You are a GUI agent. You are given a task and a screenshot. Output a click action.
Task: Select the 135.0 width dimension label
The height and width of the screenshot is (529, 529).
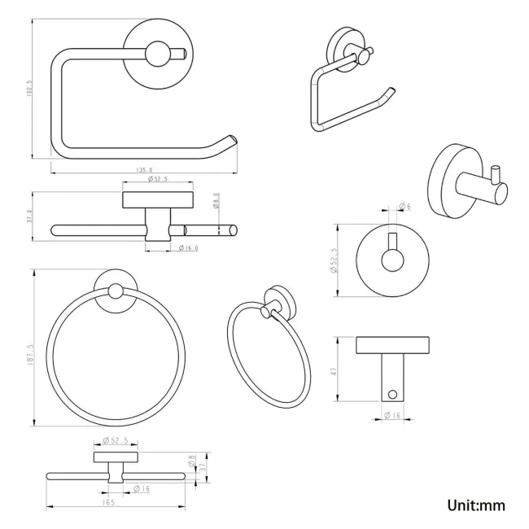coord(146,170)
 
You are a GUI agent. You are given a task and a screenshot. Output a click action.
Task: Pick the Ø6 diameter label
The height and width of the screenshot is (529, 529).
coord(404,207)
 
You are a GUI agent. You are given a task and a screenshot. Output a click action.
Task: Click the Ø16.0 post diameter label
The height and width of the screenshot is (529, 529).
coord(188,248)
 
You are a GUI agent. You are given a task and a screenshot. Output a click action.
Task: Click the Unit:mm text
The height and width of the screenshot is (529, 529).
coord(476,505)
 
